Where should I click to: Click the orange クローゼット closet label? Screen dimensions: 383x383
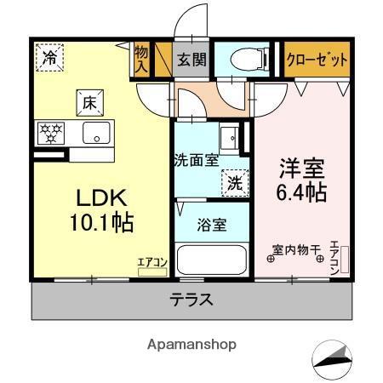(317, 60)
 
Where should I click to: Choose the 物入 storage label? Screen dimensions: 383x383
(141, 60)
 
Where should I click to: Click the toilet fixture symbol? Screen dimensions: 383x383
(249, 60)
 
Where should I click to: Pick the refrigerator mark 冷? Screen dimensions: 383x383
(50, 59)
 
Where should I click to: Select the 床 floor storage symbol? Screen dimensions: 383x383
(89, 103)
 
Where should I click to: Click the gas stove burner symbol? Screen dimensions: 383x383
(50, 133)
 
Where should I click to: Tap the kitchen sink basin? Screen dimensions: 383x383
(95, 133)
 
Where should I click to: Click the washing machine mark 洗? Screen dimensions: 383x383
(233, 180)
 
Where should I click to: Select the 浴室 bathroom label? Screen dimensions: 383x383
(212, 226)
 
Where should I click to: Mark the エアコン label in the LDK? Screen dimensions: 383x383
(152, 264)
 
